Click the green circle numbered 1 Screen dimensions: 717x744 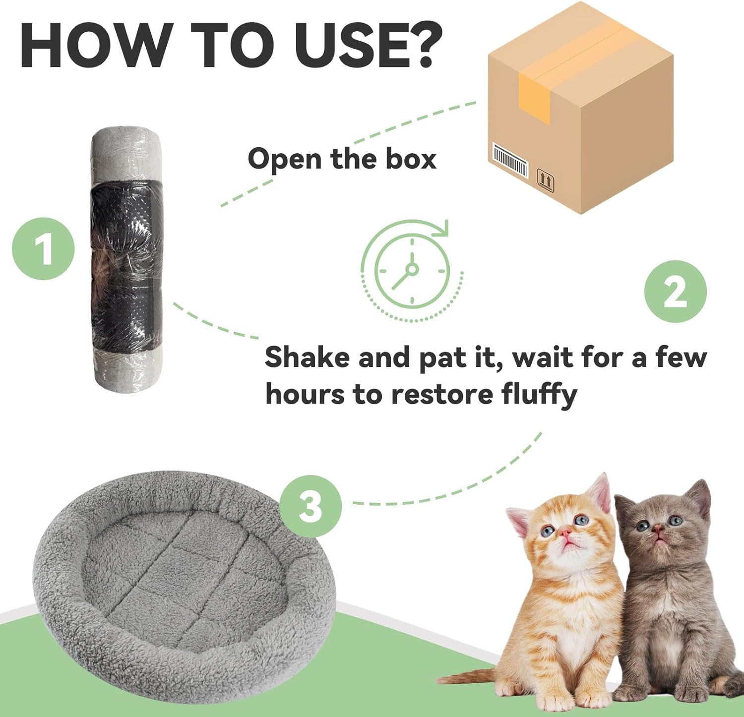coord(43,248)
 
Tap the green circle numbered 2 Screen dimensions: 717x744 coord(675,292)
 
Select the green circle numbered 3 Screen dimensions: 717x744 coord(310,506)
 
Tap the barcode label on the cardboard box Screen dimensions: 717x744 coord(509,160)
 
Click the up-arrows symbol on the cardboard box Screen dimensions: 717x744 coord(546,181)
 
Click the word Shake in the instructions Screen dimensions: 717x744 coord(307,357)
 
